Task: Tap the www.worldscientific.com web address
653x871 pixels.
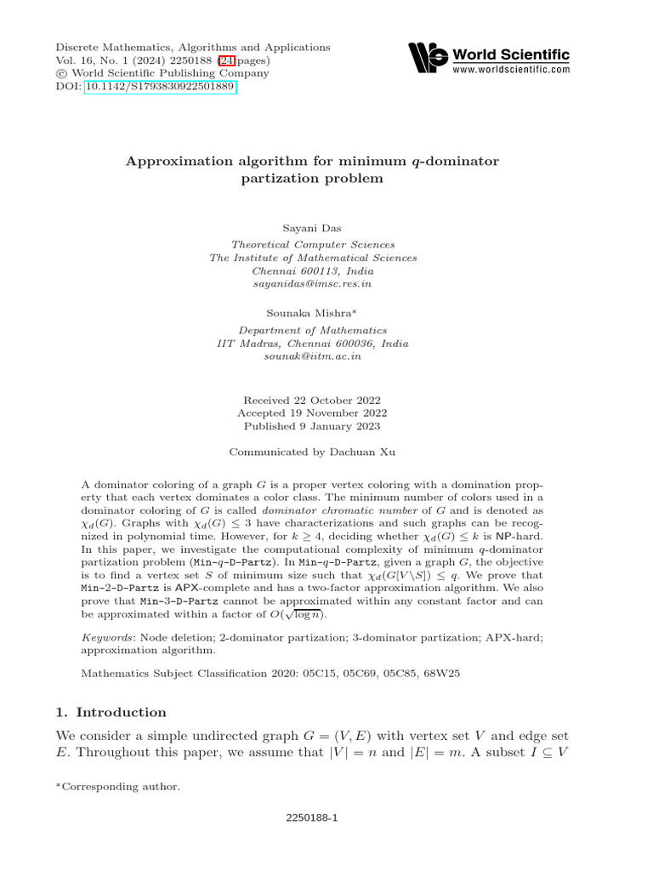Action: point(511,70)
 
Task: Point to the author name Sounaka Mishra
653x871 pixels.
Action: point(312,313)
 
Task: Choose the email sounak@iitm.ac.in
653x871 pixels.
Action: point(312,356)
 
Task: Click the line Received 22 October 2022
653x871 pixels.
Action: point(312,400)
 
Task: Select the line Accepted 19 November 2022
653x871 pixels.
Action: point(312,413)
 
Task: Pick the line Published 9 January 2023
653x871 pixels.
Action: point(312,426)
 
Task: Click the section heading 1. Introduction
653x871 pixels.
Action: point(111,712)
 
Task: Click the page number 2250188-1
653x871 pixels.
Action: point(312,818)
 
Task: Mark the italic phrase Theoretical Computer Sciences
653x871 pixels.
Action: point(312,243)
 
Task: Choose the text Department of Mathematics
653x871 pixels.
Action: point(312,330)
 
